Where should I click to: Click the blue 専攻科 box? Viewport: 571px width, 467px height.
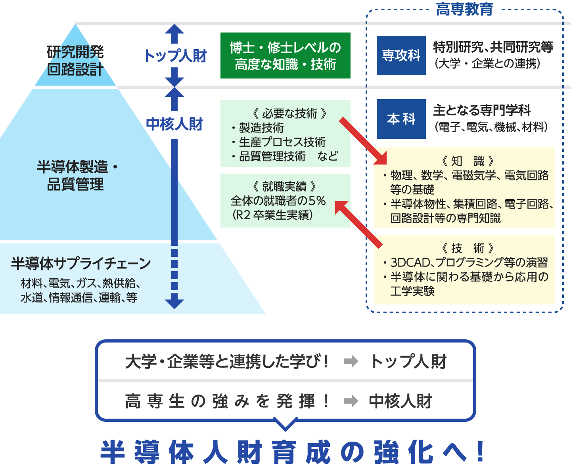point(401,56)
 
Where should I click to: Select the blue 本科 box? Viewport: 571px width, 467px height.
point(401,119)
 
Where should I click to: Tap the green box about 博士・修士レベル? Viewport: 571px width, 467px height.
point(285,56)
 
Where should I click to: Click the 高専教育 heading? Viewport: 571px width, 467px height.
point(464,9)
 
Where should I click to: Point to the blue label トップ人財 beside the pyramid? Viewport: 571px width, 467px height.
point(175,56)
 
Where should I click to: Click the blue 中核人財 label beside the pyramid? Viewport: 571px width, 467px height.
point(174,124)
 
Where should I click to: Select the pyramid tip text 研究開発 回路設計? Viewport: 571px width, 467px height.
point(75,60)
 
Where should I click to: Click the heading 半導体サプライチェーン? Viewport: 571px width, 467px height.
point(81,263)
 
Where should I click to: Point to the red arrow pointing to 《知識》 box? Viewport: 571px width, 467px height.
point(362,140)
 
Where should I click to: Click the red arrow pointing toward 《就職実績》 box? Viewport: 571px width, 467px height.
point(358,224)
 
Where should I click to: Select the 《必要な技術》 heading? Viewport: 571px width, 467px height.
point(289,113)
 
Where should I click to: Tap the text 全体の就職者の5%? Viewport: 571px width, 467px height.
point(278,201)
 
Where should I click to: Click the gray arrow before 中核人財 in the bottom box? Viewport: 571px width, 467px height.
point(351,401)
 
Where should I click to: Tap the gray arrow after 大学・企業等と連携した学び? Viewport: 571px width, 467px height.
point(351,361)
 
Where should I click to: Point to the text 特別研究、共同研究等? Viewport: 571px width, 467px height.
point(493,47)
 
